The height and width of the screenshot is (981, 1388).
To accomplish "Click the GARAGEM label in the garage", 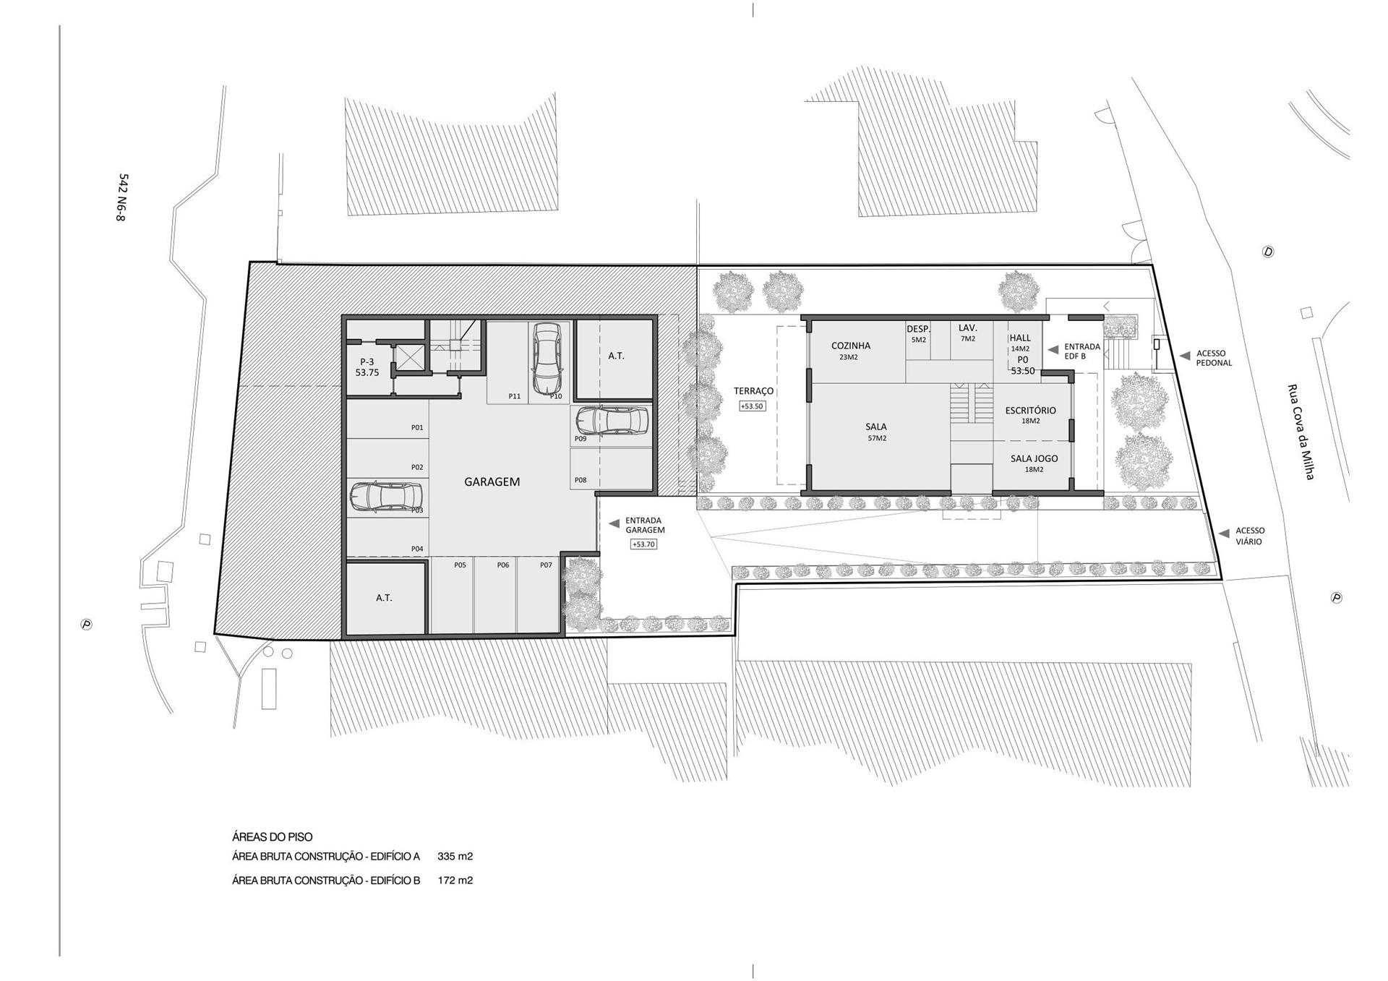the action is click(492, 481).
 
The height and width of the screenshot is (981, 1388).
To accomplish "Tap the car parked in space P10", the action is click(547, 357).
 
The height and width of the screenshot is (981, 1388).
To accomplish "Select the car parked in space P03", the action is click(385, 497).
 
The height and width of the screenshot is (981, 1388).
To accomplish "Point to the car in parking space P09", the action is click(612, 419).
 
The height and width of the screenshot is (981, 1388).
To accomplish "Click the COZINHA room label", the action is click(851, 346).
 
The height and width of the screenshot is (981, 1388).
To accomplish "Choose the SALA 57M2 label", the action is click(876, 432).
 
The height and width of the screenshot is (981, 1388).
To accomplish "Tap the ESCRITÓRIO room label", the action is click(1030, 411).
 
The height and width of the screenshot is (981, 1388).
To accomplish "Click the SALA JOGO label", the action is click(1034, 458).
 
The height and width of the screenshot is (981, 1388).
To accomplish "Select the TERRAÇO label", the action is click(753, 391).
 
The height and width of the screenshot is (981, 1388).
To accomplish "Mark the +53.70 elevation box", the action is click(643, 544).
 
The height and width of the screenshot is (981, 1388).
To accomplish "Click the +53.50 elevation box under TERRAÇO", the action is click(752, 406).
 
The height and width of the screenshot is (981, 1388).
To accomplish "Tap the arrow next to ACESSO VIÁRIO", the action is click(1224, 534).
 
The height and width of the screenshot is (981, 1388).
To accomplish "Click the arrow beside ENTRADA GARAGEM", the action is click(614, 523).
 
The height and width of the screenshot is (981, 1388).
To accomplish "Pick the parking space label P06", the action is click(503, 565).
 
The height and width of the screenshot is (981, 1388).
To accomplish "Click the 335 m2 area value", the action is click(455, 857).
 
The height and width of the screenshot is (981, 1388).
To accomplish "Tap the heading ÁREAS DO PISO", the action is click(273, 837).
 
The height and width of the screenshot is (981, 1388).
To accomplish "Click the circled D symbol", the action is click(1267, 252).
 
